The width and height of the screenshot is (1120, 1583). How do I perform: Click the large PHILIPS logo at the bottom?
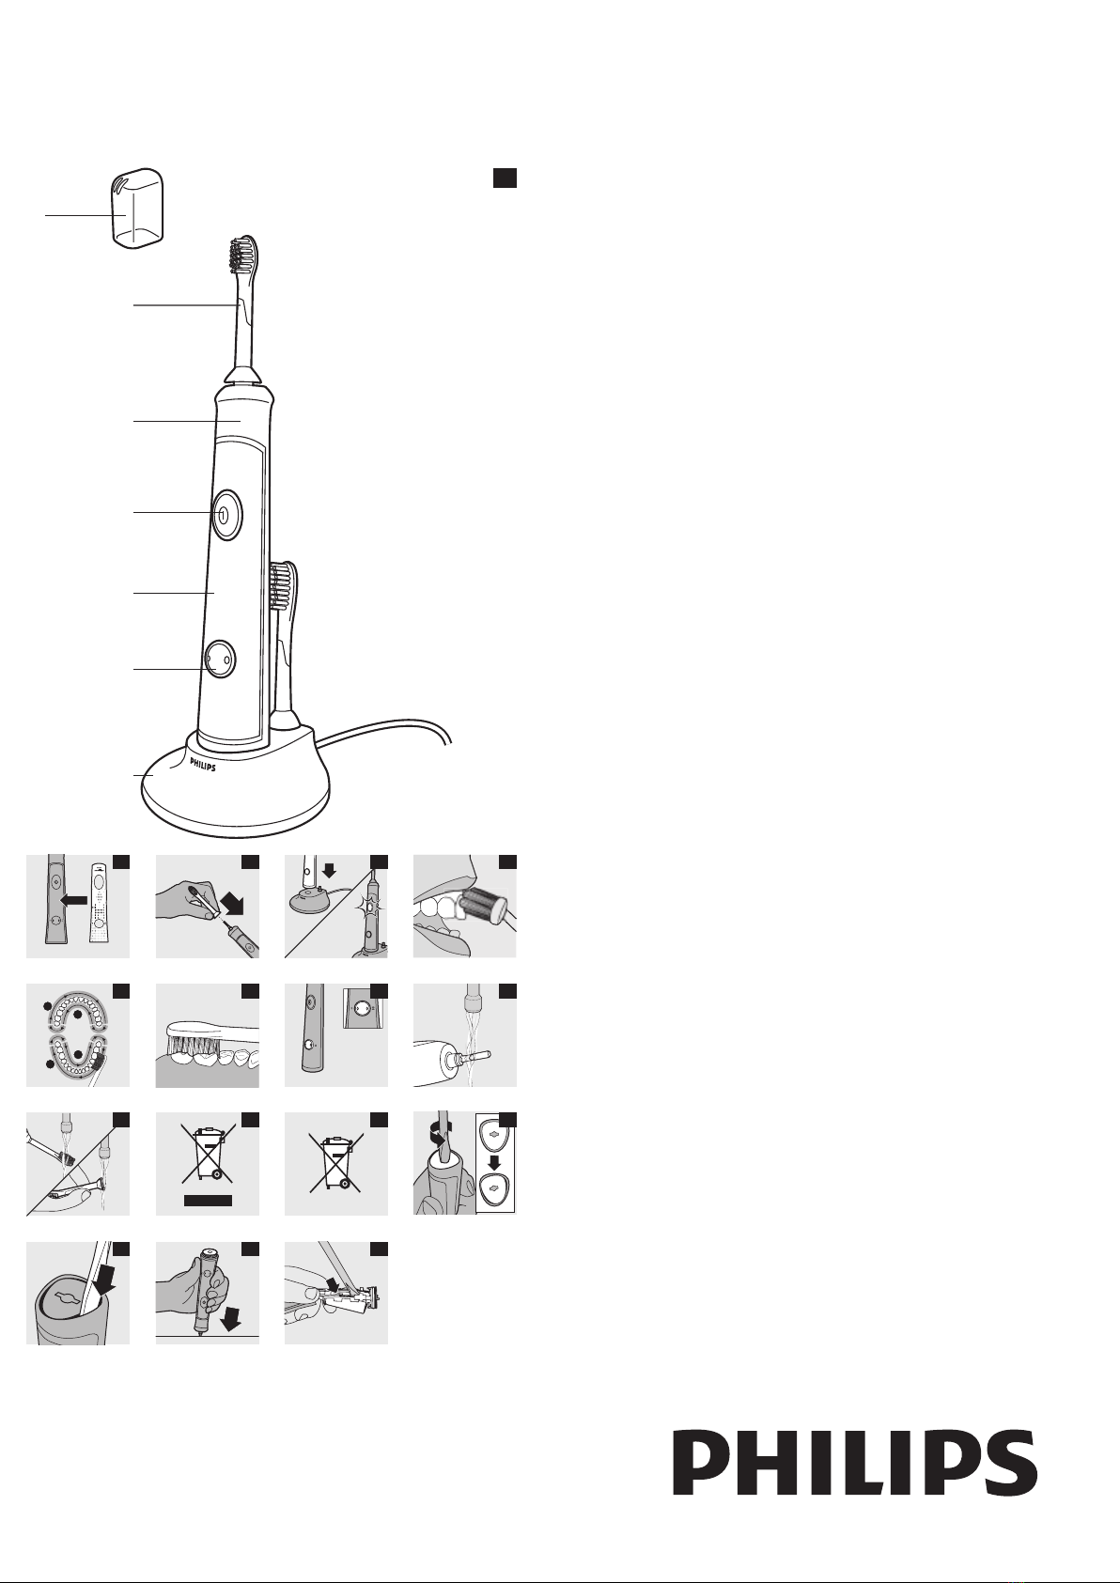[854, 1462]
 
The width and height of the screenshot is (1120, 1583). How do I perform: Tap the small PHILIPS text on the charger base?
[203, 765]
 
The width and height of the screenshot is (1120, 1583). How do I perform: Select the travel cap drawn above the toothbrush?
[138, 208]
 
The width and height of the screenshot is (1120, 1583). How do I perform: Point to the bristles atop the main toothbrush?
[242, 256]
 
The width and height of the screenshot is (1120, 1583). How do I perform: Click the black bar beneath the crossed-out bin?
[208, 1200]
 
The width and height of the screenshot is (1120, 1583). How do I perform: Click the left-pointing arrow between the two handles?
[74, 900]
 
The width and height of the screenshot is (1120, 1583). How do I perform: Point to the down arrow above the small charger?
[329, 870]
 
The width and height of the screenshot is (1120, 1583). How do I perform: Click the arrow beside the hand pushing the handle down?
[231, 1316]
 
